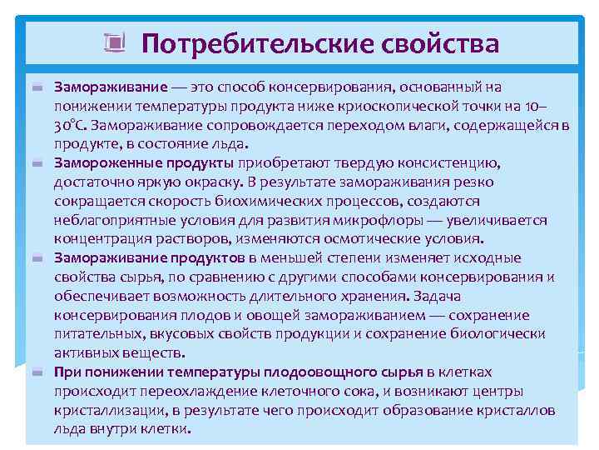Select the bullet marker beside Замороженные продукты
[x=37, y=163]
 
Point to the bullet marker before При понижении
[x=37, y=372]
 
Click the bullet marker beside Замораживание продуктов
[x=37, y=259]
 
